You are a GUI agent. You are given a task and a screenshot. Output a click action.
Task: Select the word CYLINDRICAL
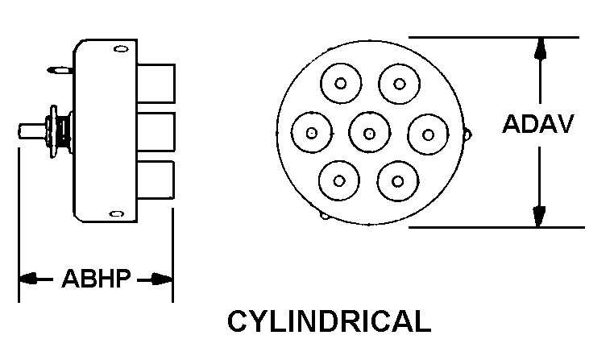(x=329, y=321)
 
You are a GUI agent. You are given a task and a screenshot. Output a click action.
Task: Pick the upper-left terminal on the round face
(x=341, y=84)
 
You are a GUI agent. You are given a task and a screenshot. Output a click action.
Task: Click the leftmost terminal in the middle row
(x=312, y=134)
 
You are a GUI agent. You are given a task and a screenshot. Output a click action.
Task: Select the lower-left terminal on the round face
(x=340, y=181)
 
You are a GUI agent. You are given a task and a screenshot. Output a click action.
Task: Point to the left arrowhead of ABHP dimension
(x=28, y=279)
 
